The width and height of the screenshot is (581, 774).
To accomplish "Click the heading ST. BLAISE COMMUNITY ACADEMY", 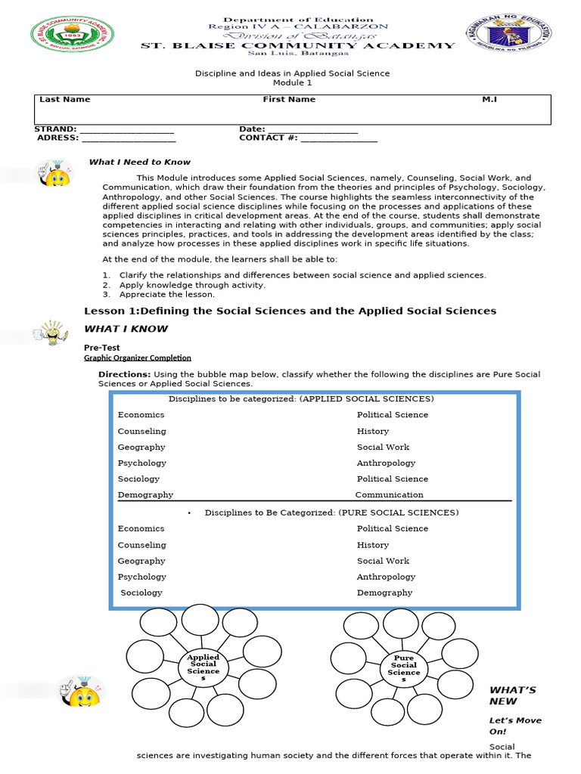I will coord(298,45).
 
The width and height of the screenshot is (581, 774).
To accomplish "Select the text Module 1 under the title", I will coord(292,82).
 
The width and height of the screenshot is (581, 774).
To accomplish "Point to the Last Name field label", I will coord(64,99).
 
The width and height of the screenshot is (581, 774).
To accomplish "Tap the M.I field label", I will coord(489,99).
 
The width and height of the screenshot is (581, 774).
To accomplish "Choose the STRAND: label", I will coord(55,129).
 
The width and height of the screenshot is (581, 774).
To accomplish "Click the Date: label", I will coord(252,129).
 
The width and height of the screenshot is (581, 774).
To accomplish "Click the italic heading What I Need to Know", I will coord(139,162).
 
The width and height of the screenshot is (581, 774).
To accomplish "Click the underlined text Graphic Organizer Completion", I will coord(137,358).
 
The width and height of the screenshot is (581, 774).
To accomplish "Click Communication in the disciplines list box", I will coord(389,495).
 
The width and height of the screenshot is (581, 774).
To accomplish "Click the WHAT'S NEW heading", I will coord(512,695).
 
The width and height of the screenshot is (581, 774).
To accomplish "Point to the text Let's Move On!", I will coord(514,726).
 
